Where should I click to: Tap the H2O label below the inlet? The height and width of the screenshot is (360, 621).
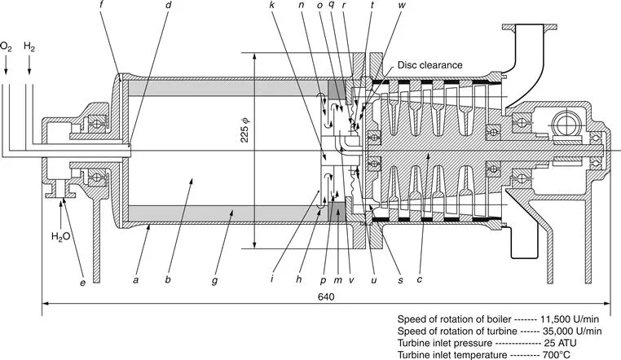(61, 237)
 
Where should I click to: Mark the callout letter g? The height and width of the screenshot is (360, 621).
(214, 279)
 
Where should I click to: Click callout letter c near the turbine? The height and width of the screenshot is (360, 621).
(419, 279)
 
